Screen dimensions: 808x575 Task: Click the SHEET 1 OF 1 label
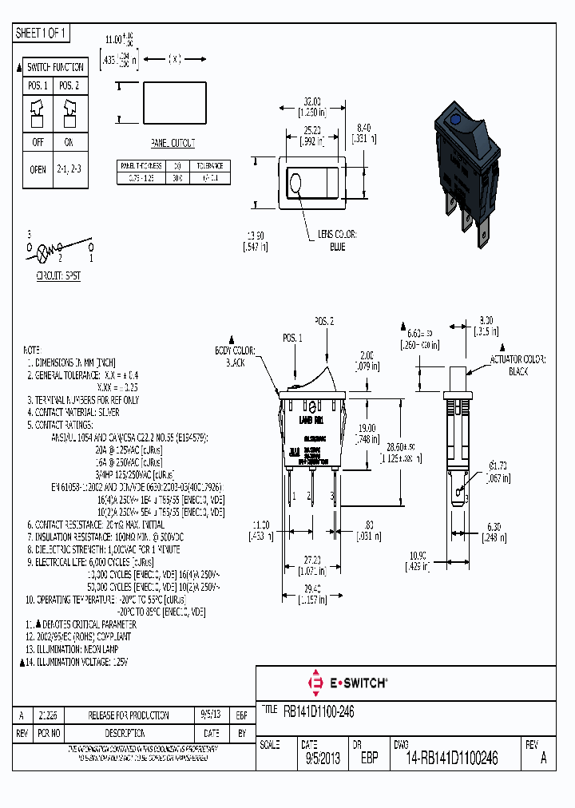42,34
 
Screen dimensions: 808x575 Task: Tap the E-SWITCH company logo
347,683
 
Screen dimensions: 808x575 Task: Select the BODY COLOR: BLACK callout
235,356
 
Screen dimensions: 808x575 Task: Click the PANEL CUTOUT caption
172,143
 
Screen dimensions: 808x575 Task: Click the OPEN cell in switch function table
38,170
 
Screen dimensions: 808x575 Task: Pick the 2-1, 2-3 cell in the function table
69,170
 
